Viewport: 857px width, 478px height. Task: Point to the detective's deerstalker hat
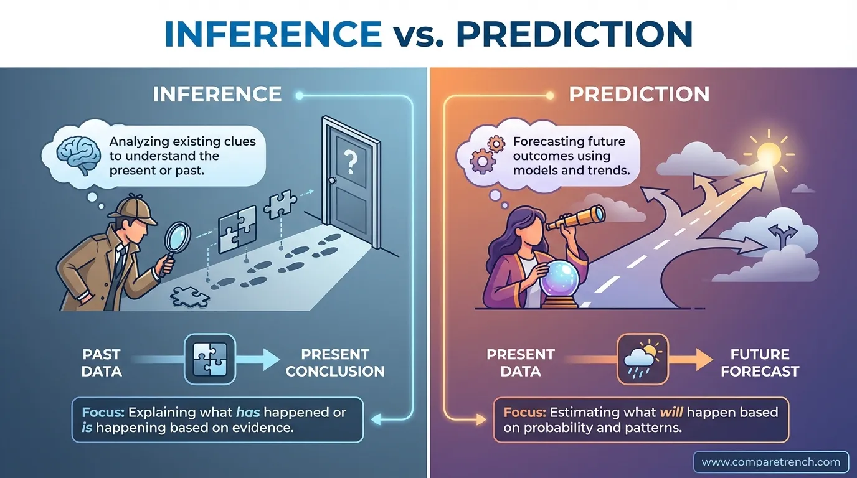(x=132, y=207)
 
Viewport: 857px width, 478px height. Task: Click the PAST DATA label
(x=102, y=363)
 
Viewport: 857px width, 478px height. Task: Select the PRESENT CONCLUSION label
(x=335, y=363)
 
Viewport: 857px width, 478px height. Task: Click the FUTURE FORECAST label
(x=760, y=363)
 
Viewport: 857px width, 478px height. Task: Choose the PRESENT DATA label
(x=520, y=363)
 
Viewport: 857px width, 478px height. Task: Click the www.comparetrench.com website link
(x=770, y=462)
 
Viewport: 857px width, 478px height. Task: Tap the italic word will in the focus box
(x=675, y=412)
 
